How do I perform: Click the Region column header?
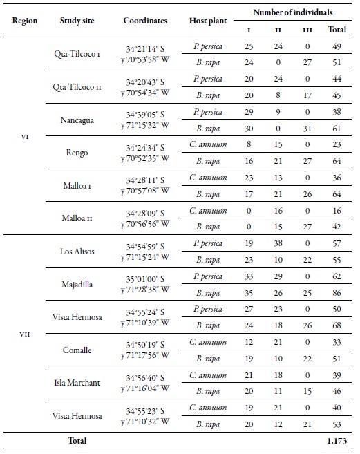pyautogui.click(x=25, y=21)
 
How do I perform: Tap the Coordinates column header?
pyautogui.click(x=145, y=21)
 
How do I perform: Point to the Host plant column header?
pyautogui.click(x=207, y=21)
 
